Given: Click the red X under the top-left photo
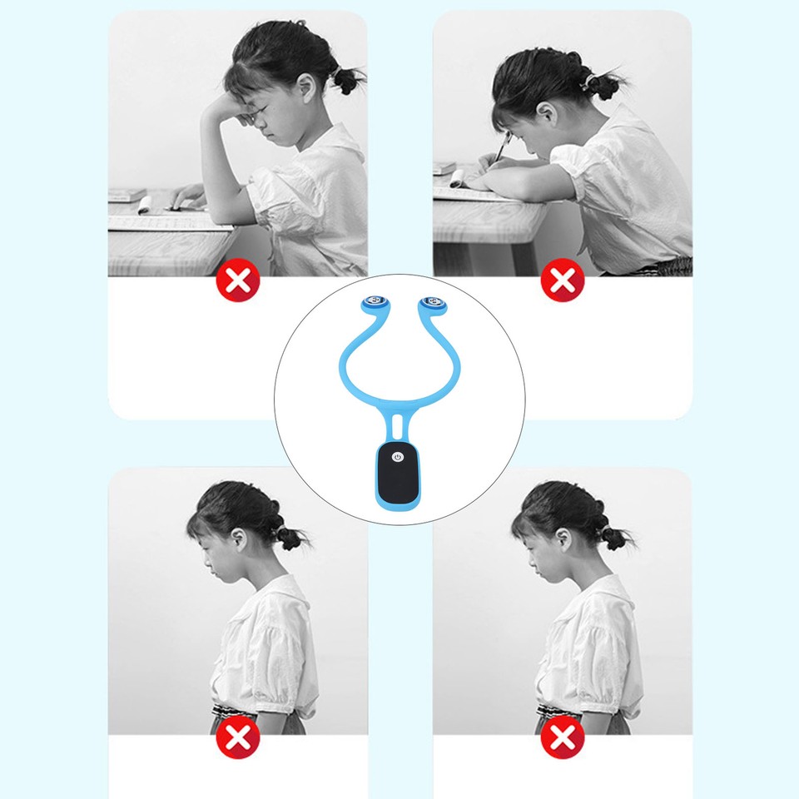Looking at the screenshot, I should [238, 281].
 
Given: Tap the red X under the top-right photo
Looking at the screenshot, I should [563, 281].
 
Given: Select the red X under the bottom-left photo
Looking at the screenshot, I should [238, 737].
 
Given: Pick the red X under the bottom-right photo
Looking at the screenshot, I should [563, 737].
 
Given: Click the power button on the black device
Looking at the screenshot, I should [399, 457].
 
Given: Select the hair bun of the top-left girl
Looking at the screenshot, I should [345, 81].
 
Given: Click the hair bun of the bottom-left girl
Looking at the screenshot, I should [290, 538].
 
